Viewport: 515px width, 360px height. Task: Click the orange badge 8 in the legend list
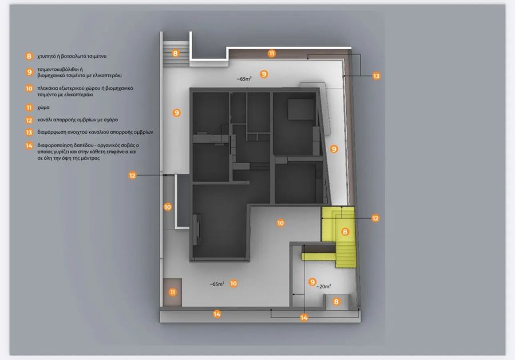[x=29, y=56]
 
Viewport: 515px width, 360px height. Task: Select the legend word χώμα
[x=43, y=108]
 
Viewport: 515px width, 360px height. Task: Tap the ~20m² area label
[x=323, y=286]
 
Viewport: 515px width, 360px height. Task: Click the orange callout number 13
[x=376, y=76]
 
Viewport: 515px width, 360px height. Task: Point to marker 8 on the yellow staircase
[x=345, y=232]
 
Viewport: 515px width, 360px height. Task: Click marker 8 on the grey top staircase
[x=176, y=53]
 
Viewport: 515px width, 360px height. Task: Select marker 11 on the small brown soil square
[x=172, y=292]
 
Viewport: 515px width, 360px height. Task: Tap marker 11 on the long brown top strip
[x=271, y=54]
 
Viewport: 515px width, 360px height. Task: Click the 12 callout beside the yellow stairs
[x=375, y=218]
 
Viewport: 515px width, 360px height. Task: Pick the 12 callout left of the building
[x=132, y=175]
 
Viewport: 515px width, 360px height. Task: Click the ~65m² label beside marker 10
[x=217, y=284]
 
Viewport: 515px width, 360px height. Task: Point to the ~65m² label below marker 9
[x=244, y=79]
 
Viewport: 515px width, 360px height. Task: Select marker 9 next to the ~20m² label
[x=312, y=282]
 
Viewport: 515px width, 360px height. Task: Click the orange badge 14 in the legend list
[x=29, y=145]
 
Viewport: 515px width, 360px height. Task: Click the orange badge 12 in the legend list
[x=29, y=120]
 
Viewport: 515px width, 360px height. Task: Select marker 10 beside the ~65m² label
[x=233, y=283]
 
